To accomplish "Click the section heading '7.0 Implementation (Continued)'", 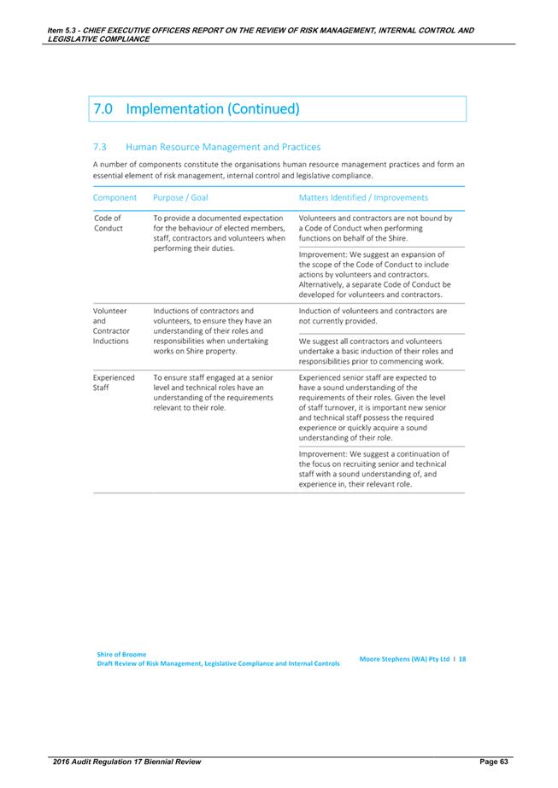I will [x=196, y=109].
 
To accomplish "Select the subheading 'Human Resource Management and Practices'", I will [x=222, y=147].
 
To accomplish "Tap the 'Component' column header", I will [x=115, y=197].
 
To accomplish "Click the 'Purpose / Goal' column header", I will [x=180, y=197].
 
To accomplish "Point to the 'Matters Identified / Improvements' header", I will [x=363, y=197].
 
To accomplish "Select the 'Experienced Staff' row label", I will [x=113, y=382].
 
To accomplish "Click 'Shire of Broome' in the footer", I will [x=122, y=654].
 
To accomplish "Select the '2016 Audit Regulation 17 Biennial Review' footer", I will [x=126, y=761].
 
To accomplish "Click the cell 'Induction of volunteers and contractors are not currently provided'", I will [x=373, y=316].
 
